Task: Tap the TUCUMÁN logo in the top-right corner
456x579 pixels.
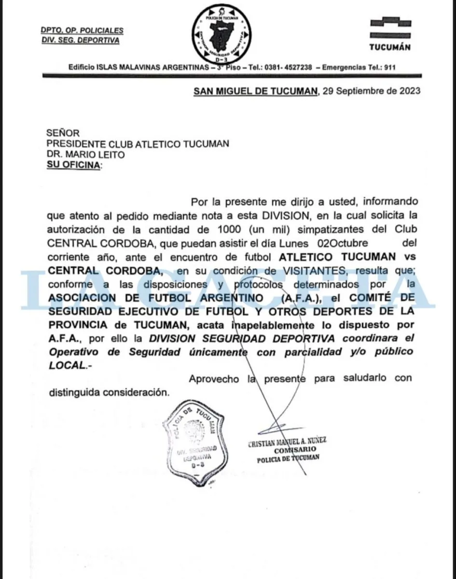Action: tap(389, 34)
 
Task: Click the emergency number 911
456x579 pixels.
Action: tap(389, 68)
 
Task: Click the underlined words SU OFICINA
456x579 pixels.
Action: tap(74, 165)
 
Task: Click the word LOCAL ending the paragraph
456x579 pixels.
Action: tap(67, 365)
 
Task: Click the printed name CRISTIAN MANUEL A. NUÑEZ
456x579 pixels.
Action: tap(288, 441)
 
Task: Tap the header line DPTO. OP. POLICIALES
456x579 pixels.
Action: tap(82, 30)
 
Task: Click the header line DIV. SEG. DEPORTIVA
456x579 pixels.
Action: tap(80, 41)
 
